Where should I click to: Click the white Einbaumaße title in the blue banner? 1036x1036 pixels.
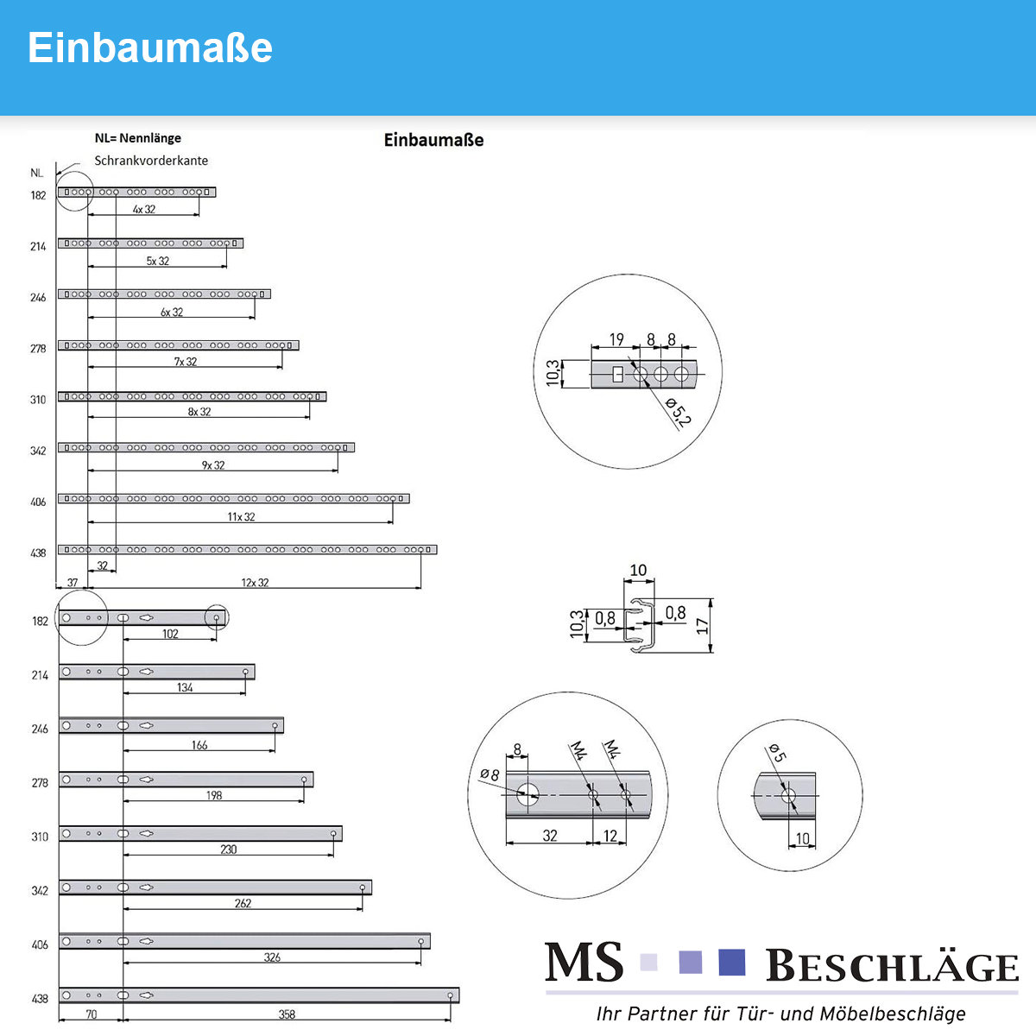(x=150, y=47)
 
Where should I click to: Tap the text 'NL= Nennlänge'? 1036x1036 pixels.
(x=137, y=138)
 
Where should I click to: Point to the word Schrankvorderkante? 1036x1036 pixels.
(x=151, y=161)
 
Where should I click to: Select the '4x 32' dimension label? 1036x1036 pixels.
(x=144, y=209)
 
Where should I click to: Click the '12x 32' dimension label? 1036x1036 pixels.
(x=255, y=582)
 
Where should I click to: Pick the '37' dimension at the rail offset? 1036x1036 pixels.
(x=72, y=582)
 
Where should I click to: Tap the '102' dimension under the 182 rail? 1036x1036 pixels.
(x=170, y=634)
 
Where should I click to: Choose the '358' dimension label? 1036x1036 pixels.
(x=287, y=1014)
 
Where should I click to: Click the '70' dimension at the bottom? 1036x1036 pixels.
(x=92, y=1014)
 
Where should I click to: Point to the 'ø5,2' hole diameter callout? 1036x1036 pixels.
(x=678, y=413)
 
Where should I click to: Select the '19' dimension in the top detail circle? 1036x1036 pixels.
(x=616, y=339)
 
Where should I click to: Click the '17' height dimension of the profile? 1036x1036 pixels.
(x=702, y=626)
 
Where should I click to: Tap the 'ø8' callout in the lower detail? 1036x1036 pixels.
(x=490, y=774)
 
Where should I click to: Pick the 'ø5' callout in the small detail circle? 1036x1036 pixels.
(x=777, y=752)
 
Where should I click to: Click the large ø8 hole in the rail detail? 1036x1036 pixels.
(x=527, y=794)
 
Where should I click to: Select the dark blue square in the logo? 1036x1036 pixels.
(x=732, y=963)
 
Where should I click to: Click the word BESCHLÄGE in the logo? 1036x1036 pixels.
(x=892, y=965)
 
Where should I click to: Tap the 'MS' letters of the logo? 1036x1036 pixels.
(x=584, y=963)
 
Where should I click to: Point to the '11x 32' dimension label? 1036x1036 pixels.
(x=241, y=516)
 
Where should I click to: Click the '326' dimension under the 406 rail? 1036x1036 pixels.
(x=272, y=957)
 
